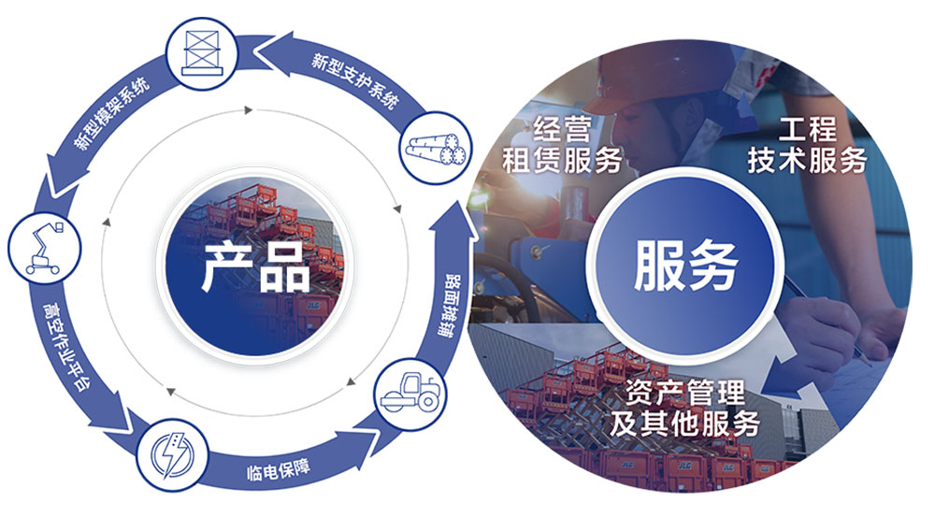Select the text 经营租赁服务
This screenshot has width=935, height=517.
pyautogui.click(x=562, y=145)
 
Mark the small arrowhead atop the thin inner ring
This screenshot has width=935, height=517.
pyautogui.click(x=249, y=110)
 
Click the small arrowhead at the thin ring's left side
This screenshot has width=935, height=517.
pyautogui.click(x=105, y=222)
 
